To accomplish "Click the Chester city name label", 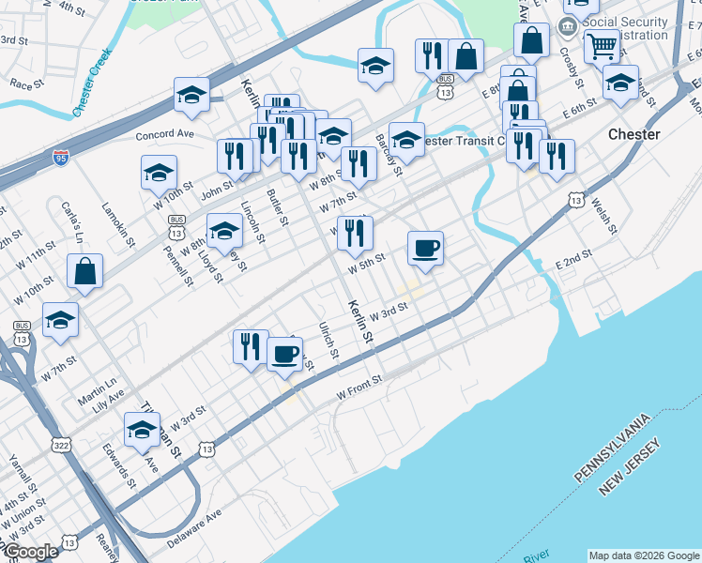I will tap(633, 134).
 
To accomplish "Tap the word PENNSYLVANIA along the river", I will tap(613, 449).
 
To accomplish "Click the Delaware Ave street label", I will tap(194, 529).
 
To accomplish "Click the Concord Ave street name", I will tap(164, 135).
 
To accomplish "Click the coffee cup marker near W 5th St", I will tap(425, 249).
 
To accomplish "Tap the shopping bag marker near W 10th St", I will tap(85, 272).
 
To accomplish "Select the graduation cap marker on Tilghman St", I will tap(142, 431).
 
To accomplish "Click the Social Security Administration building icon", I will tap(568, 26).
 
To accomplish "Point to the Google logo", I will tap(30, 552).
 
